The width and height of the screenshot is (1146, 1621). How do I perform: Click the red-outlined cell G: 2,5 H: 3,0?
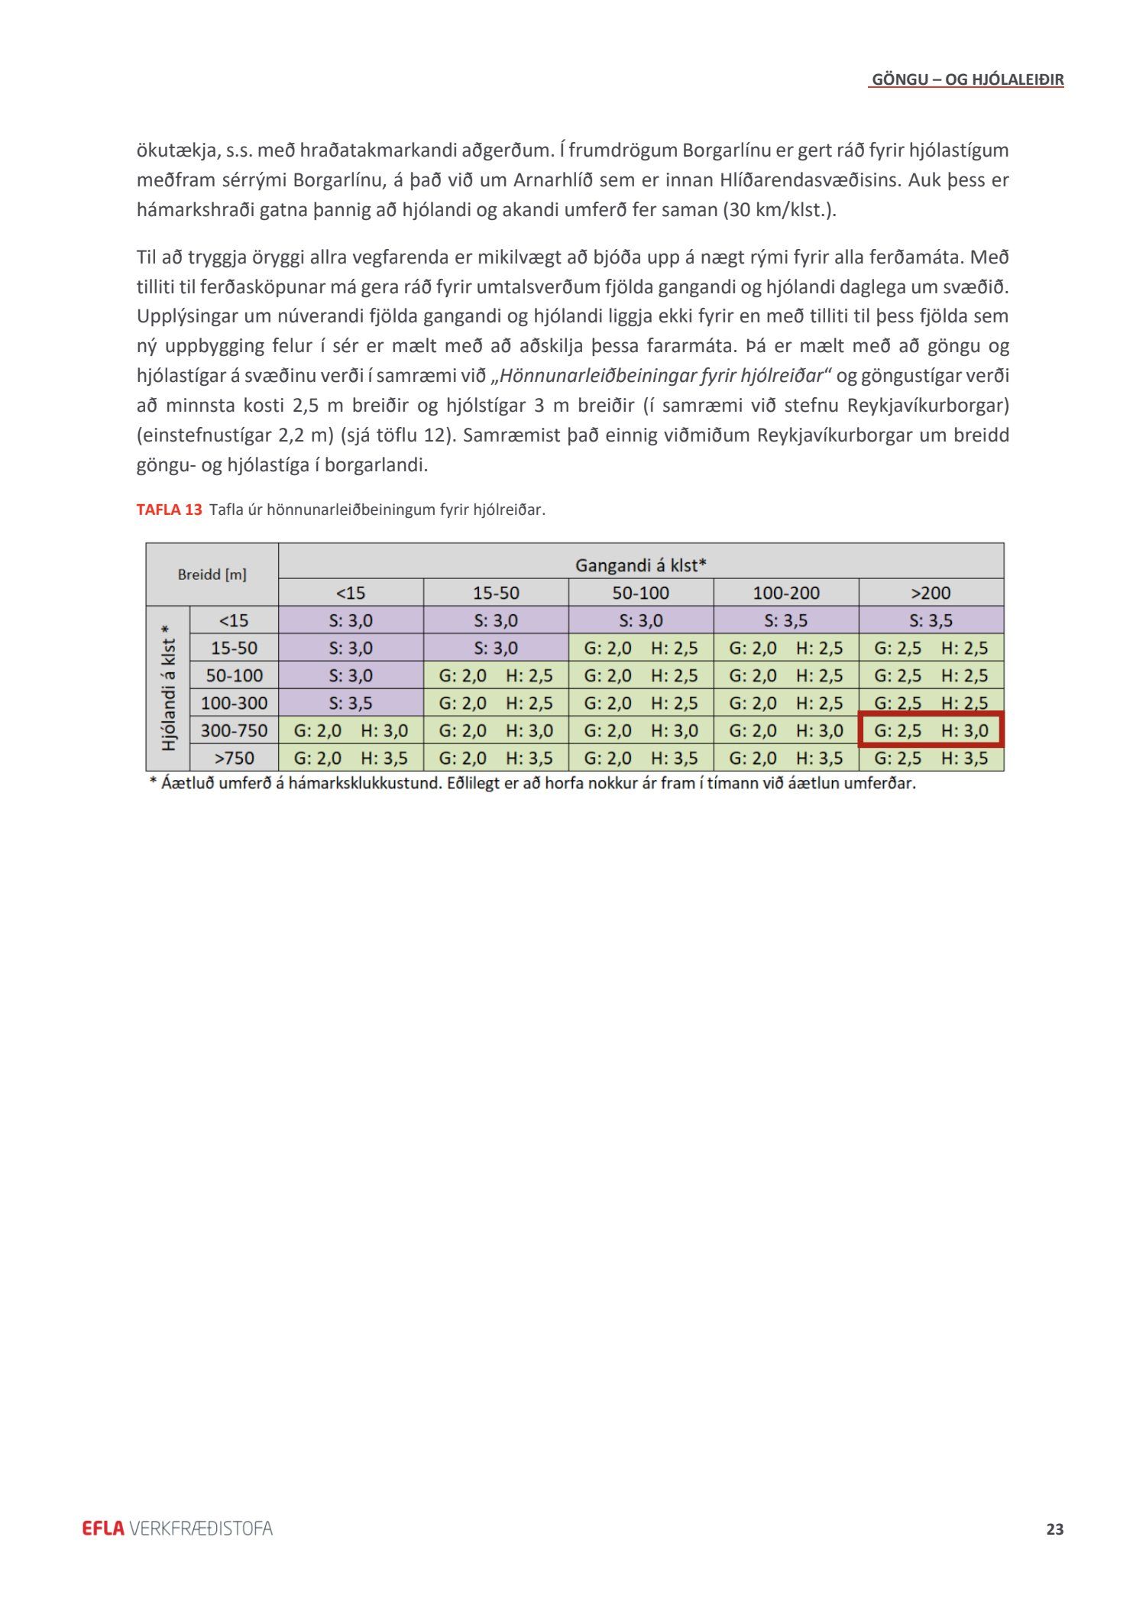click(x=931, y=730)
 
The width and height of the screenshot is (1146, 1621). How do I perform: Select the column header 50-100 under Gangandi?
click(x=640, y=593)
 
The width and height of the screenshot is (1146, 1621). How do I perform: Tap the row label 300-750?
click(x=234, y=731)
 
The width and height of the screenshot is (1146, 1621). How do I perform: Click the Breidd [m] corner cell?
click(x=212, y=574)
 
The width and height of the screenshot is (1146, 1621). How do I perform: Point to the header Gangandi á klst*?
click(x=640, y=565)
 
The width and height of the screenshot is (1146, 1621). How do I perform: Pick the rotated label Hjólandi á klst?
click(x=169, y=688)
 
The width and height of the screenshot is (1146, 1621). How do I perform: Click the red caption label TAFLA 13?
click(x=169, y=510)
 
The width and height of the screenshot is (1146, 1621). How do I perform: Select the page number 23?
click(x=1054, y=1529)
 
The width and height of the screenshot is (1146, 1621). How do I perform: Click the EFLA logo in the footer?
click(x=102, y=1528)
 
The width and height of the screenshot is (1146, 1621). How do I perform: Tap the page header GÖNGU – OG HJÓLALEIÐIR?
click(x=967, y=79)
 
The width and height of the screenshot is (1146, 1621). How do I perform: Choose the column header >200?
click(x=931, y=593)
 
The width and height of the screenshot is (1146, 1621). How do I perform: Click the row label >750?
click(x=234, y=759)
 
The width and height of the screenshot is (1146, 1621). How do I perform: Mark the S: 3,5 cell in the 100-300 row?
click(x=351, y=703)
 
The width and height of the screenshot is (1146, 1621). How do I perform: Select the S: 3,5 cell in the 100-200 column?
click(x=785, y=620)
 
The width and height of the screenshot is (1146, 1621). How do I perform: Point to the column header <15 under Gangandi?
click(x=351, y=593)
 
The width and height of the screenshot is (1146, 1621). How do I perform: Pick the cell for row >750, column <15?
click(x=351, y=759)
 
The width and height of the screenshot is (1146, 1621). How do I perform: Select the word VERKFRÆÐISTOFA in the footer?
click(x=201, y=1528)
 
